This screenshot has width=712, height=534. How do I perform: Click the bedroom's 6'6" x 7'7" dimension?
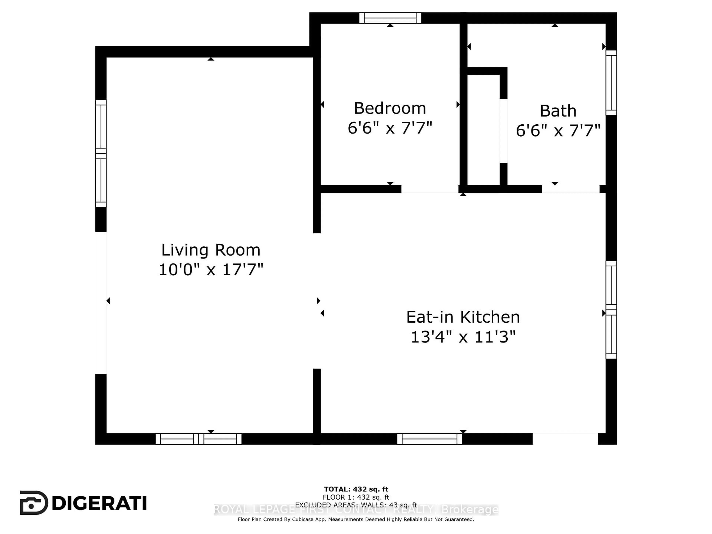click(x=390, y=128)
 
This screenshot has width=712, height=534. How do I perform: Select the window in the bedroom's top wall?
click(x=390, y=18)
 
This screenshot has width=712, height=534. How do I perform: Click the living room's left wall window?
click(x=101, y=154)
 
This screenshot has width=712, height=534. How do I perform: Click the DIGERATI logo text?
click(x=99, y=503)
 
